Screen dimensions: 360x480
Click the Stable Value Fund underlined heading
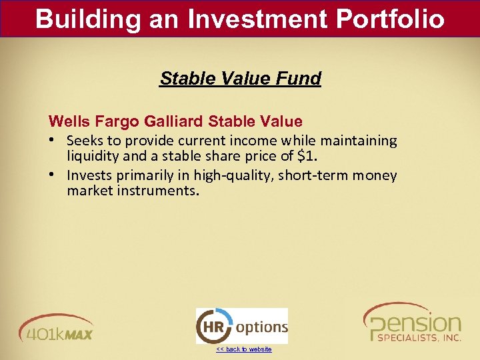pyautogui.click(x=240, y=79)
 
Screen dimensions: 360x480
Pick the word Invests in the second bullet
pyautogui.click(x=89, y=175)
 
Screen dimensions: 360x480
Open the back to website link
pyautogui.click(x=243, y=349)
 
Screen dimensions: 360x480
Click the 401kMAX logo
pyautogui.click(x=57, y=327)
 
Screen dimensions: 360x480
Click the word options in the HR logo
pyautogui.click(x=261, y=327)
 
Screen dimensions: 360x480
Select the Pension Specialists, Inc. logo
pyautogui.click(x=413, y=323)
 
